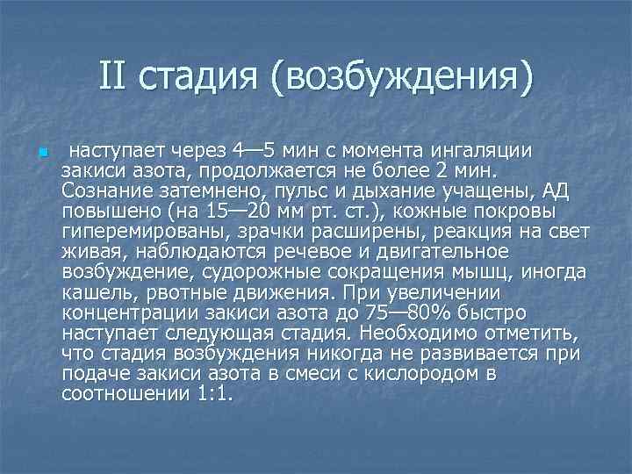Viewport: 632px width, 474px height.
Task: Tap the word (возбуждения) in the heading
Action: [403, 78]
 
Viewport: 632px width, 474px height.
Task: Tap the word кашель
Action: [97, 293]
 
